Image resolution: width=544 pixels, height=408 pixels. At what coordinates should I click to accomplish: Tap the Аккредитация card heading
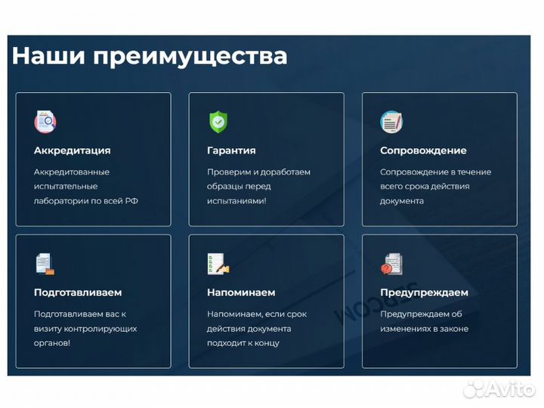(x=72, y=150)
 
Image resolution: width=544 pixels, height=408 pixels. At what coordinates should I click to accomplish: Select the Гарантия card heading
(x=231, y=150)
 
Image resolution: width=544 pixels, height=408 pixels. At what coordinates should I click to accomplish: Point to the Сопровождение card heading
(x=423, y=150)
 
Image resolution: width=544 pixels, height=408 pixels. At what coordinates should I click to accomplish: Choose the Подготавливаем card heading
(x=77, y=292)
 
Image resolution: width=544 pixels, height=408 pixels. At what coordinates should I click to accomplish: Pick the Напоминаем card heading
(x=241, y=292)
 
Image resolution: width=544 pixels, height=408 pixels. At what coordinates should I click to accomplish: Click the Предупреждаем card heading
(x=424, y=292)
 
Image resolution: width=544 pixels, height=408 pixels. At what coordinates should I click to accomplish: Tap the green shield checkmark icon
(x=218, y=121)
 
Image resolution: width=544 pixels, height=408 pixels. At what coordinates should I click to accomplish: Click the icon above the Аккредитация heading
(x=45, y=121)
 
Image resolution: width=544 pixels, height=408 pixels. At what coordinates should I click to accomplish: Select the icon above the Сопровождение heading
(x=391, y=121)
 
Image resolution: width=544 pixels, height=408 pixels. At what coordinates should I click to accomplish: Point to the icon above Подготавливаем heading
(x=45, y=264)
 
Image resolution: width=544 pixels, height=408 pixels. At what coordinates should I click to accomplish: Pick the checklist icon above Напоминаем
(x=218, y=264)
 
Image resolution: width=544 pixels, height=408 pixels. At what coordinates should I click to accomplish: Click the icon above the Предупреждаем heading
(x=391, y=264)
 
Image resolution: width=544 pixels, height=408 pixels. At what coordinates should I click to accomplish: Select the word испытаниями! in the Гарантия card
(x=236, y=201)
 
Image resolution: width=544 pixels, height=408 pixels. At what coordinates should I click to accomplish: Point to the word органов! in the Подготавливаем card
(x=52, y=343)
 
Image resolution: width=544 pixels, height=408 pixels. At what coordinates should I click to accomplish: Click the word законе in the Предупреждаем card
(x=453, y=329)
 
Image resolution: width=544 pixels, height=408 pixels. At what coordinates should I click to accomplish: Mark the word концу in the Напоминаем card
(x=267, y=343)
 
